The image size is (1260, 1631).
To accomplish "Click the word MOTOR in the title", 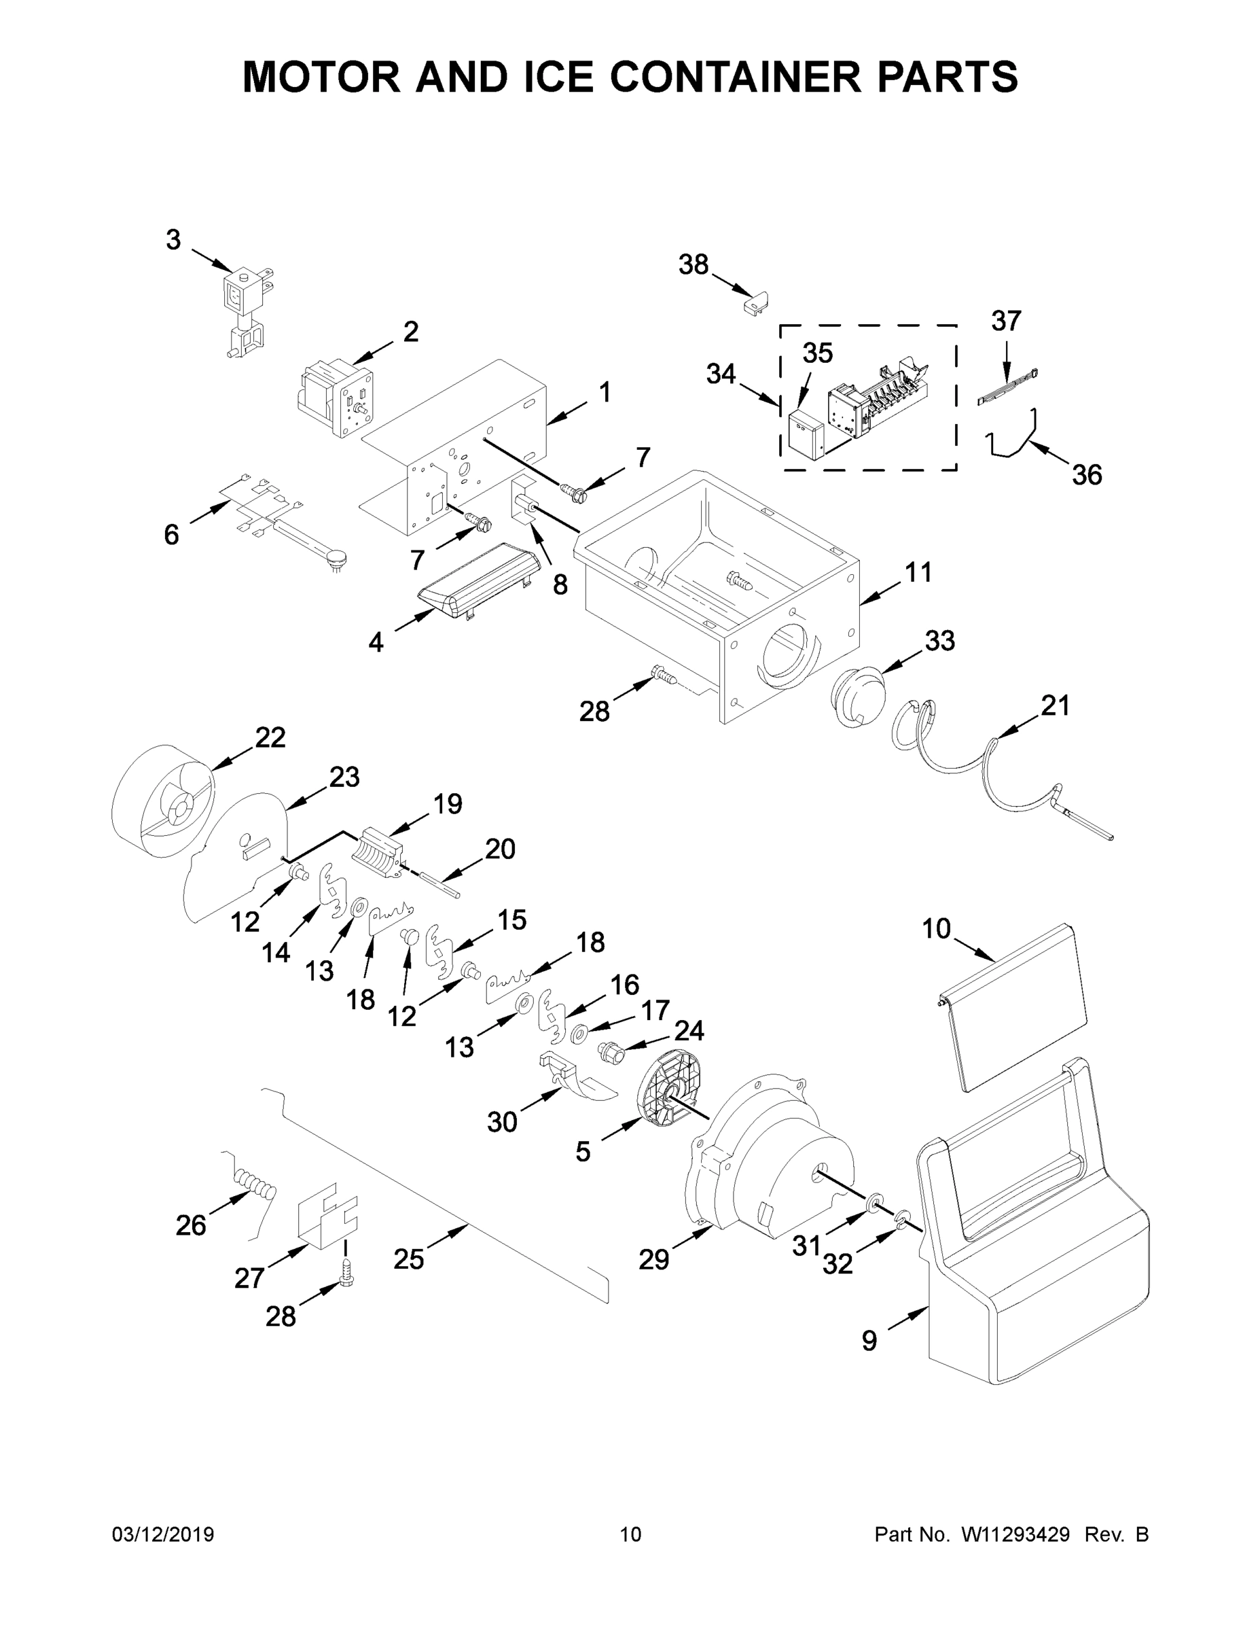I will (322, 76).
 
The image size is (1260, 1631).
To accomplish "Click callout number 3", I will (173, 241).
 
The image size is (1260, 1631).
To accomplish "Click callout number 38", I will (693, 264).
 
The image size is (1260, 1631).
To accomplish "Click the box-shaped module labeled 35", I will (805, 436).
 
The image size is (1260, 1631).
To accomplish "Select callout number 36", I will (1087, 474).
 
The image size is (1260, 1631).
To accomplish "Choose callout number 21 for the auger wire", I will (1056, 705).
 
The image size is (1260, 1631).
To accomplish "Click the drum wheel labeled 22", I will (164, 802).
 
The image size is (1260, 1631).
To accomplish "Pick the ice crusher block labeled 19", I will (380, 853).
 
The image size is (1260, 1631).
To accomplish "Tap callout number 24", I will (688, 1030).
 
